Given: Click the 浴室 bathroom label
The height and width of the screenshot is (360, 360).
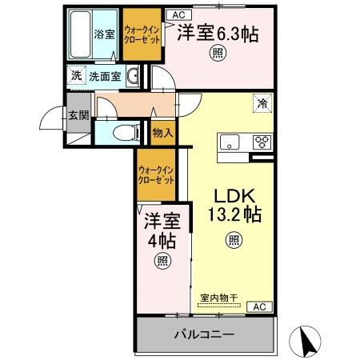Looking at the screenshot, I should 104,34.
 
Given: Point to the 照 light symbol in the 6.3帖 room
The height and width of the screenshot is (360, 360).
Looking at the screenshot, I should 216,54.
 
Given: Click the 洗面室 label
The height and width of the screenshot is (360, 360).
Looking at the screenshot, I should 104,77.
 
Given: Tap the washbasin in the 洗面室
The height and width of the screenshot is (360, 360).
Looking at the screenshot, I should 134,77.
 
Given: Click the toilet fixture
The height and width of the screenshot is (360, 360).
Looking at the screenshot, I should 121,132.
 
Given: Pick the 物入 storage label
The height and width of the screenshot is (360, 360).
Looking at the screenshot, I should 162,133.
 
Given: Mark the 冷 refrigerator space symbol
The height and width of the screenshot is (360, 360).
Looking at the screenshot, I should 261,102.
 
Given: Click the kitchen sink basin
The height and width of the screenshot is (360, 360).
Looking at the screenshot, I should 231,143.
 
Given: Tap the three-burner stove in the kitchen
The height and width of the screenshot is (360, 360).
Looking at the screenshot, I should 262,143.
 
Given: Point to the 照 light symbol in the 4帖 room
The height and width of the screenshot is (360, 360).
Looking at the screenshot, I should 163,259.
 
